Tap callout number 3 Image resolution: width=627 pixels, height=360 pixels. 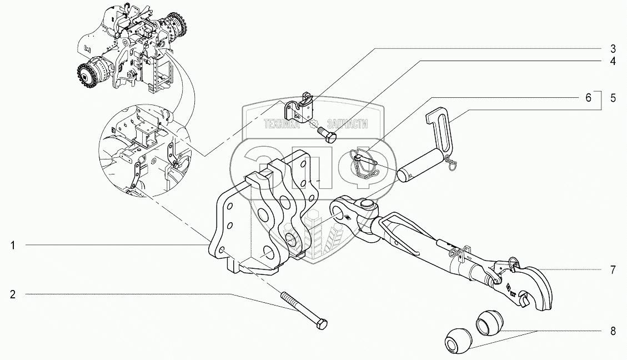[613, 48]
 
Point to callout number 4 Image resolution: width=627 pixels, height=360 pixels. [613, 61]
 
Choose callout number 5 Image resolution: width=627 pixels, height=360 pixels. [613, 98]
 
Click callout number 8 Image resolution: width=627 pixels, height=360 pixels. [613, 332]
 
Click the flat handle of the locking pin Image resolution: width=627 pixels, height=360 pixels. [444, 128]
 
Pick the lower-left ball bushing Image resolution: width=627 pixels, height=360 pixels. [458, 340]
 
